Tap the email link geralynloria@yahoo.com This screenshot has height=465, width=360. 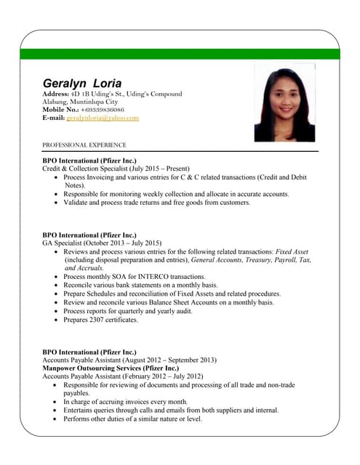103,117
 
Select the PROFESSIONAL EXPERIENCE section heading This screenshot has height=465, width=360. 84,145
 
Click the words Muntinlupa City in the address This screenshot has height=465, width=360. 102,102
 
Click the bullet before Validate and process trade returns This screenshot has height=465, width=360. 57,203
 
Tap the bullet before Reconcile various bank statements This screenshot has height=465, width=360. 57,286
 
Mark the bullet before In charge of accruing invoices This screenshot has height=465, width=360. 57,402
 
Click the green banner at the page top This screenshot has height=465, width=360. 180,54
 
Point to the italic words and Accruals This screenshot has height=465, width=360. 84,268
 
